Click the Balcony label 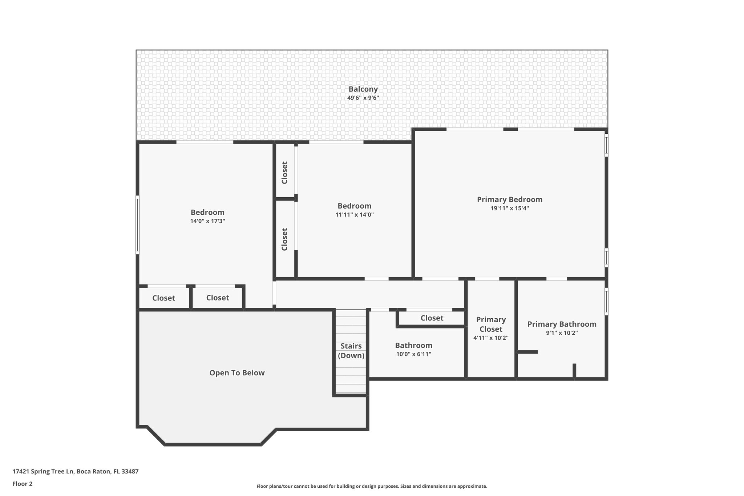(x=363, y=89)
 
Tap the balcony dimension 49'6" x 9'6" (x=363, y=98)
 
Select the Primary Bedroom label (x=509, y=199)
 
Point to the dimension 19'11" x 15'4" (x=509, y=208)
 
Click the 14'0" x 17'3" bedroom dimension (x=207, y=221)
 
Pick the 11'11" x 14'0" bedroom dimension (x=354, y=215)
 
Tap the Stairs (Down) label (x=351, y=351)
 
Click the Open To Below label (x=237, y=373)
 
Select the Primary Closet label (x=491, y=324)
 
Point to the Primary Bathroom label (x=562, y=324)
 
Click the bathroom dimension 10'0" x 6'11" (x=413, y=354)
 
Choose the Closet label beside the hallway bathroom (x=432, y=318)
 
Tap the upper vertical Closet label (x=284, y=173)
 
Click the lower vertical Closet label (x=284, y=239)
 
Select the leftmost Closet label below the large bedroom (x=163, y=298)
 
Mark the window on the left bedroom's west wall (x=137, y=225)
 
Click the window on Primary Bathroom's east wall (x=606, y=301)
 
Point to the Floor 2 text (x=23, y=484)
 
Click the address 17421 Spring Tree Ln (x=75, y=472)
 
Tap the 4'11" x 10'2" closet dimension (x=490, y=338)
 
